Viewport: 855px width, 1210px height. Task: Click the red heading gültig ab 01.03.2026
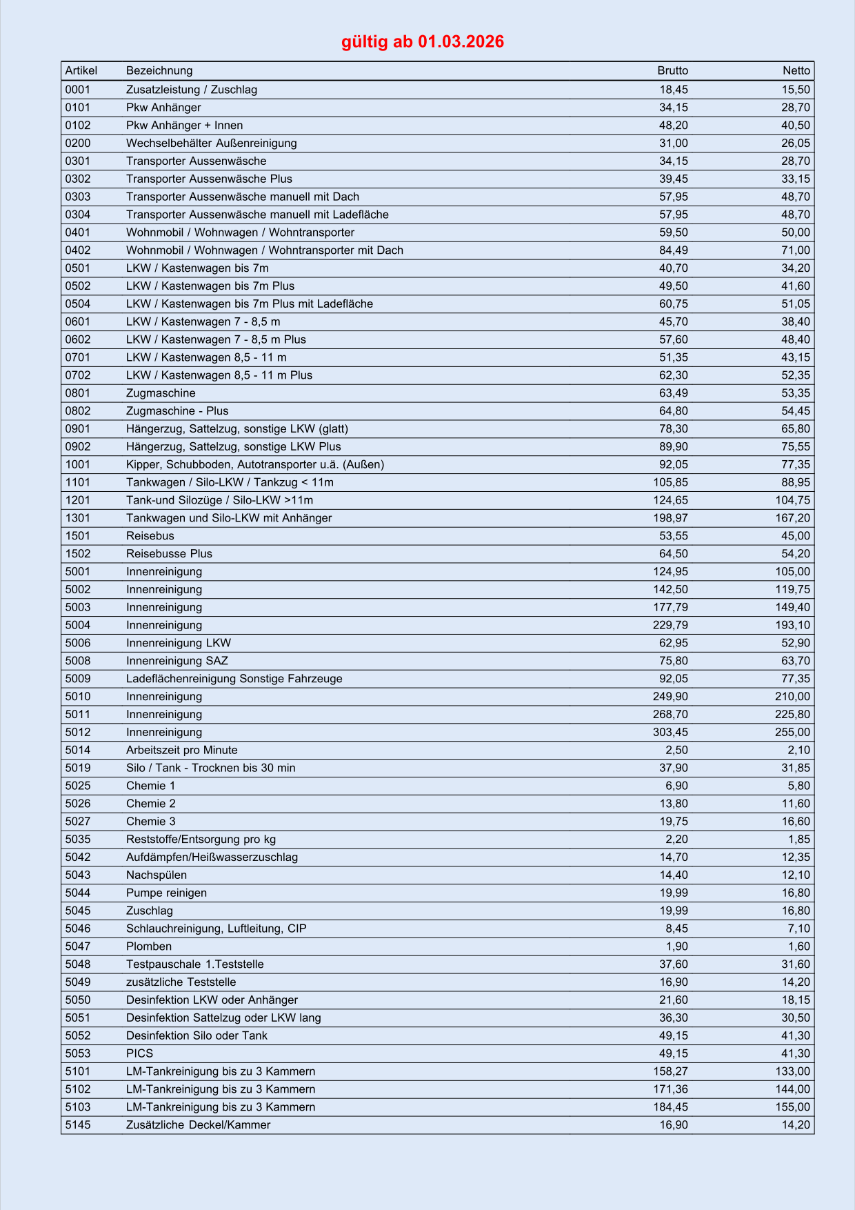click(423, 41)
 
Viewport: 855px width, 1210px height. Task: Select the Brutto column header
click(672, 70)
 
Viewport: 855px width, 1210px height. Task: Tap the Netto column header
click(796, 70)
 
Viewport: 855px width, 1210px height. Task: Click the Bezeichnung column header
click(159, 70)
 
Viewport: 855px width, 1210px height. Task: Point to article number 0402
click(78, 250)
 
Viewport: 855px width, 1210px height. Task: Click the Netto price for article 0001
click(796, 90)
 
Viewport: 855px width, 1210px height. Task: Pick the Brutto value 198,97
click(670, 518)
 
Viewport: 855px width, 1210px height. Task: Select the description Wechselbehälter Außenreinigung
click(211, 143)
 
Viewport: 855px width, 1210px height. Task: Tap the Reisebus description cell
click(150, 536)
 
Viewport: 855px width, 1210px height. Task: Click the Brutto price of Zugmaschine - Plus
click(673, 411)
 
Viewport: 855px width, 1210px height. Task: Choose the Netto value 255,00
click(792, 733)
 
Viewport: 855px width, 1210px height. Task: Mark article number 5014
click(78, 751)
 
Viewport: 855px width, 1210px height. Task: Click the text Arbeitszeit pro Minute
click(181, 751)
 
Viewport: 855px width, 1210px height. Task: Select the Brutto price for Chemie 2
click(673, 804)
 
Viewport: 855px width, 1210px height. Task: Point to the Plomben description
click(149, 946)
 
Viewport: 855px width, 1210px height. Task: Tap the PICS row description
click(139, 1053)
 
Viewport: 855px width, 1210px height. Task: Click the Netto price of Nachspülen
click(796, 875)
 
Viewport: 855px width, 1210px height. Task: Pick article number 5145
click(78, 1125)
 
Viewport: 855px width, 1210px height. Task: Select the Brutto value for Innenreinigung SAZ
click(673, 661)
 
